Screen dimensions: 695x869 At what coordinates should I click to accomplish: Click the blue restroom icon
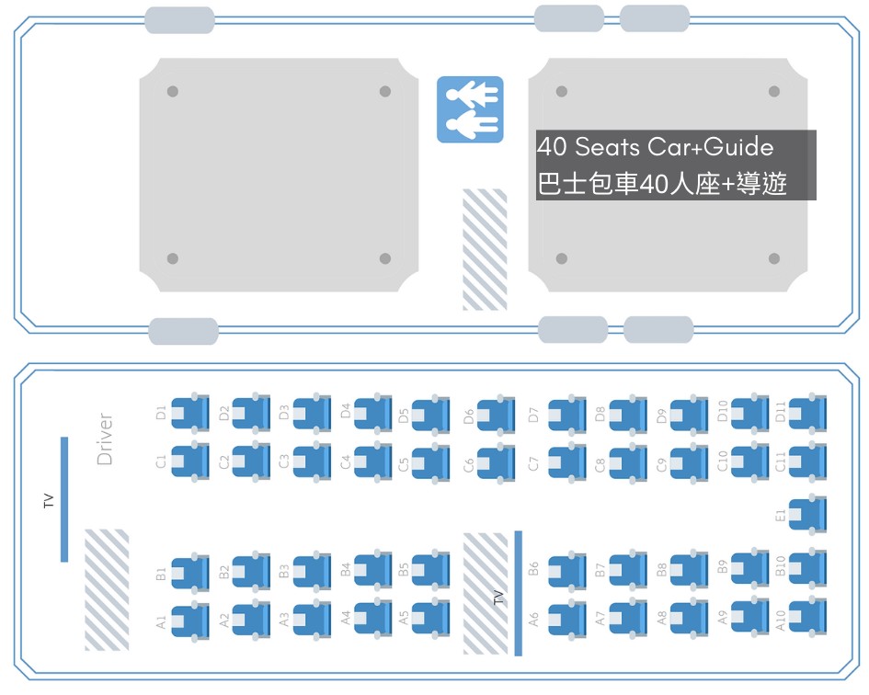click(470, 108)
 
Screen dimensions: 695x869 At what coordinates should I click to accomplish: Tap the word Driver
click(105, 439)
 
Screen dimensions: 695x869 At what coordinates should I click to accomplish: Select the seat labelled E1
click(807, 513)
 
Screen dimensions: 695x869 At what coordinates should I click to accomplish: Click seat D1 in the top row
click(190, 414)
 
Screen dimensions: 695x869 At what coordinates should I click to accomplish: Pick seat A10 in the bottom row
click(807, 615)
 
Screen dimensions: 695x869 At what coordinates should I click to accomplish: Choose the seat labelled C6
click(496, 463)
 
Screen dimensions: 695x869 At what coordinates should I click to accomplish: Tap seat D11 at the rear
click(807, 414)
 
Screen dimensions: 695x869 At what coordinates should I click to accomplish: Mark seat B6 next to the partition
click(566, 571)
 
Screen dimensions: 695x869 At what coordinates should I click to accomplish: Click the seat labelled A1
click(190, 620)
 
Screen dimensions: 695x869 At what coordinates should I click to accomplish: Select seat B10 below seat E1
click(807, 566)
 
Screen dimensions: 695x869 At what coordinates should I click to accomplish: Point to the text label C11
click(781, 461)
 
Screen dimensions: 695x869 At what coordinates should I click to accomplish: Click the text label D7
click(533, 414)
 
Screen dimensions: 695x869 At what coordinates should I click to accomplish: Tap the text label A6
click(533, 620)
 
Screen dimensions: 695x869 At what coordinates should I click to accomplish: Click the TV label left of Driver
click(49, 501)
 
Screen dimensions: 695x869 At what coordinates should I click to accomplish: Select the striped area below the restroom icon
click(484, 249)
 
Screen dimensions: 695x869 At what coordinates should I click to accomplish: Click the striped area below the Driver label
click(107, 589)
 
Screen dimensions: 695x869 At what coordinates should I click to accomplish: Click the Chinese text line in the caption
click(662, 184)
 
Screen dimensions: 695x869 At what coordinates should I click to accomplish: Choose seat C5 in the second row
click(430, 463)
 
